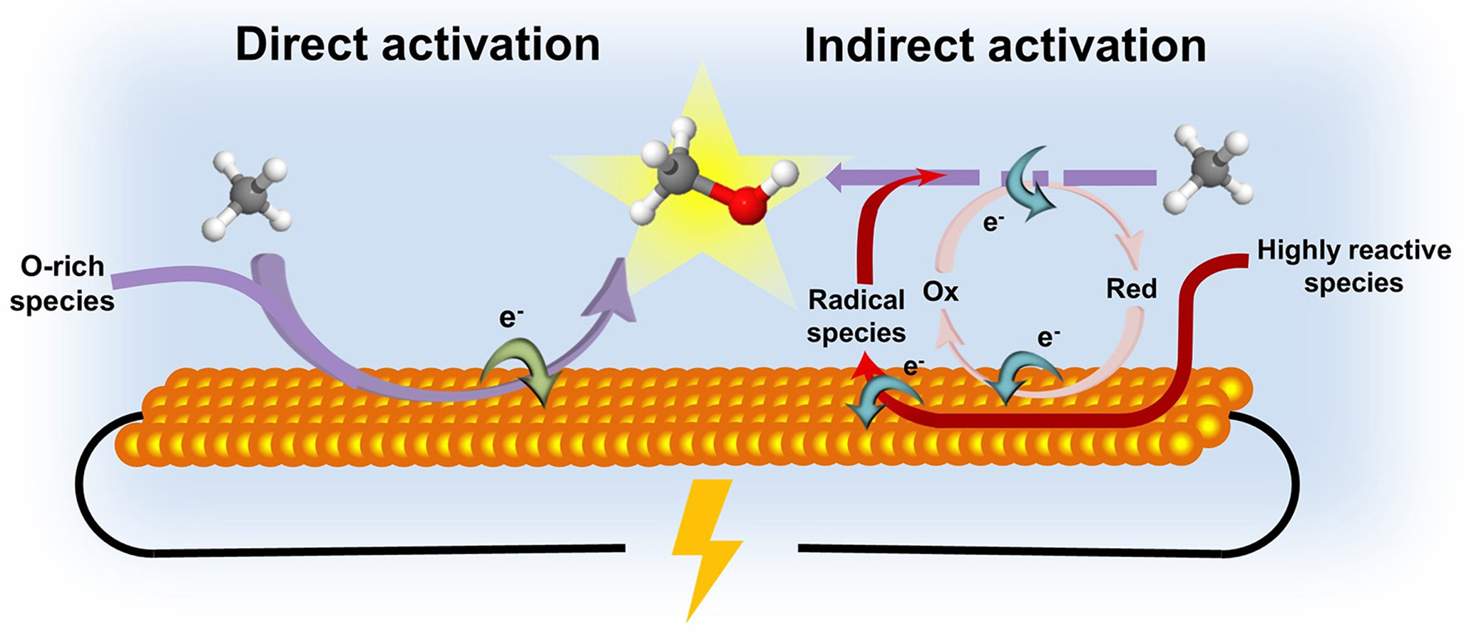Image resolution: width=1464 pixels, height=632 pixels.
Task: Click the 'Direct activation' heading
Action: [x=417, y=44]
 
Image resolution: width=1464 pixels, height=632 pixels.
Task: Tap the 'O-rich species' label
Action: [x=62, y=283]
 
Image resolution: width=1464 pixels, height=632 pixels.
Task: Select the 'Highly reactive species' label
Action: [x=1353, y=266]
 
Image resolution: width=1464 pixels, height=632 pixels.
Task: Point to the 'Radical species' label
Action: [x=856, y=316]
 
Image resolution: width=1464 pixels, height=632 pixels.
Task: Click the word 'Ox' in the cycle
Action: [x=941, y=292]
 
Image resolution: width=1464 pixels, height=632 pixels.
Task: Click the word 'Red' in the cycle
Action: [x=1131, y=289]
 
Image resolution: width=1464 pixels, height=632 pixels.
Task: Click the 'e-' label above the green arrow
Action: [x=511, y=317]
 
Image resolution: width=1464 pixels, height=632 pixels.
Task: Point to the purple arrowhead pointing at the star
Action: [x=612, y=292]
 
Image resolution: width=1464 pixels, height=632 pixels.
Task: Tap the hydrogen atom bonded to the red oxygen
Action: [x=785, y=172]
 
